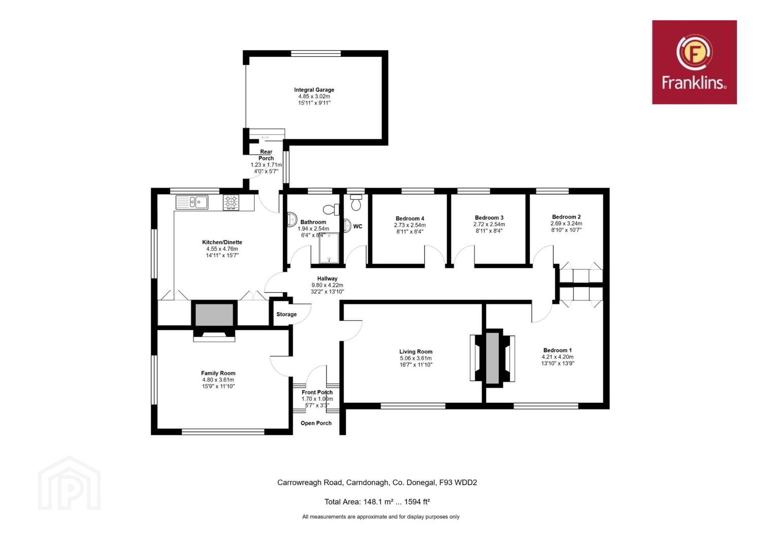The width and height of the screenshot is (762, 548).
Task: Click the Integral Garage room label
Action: [x=314, y=90]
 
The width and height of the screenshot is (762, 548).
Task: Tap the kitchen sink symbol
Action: [x=192, y=202]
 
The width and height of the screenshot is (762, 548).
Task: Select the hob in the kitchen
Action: [x=231, y=202]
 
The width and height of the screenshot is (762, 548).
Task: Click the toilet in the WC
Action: [x=356, y=202]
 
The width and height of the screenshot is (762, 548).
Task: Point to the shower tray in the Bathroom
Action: [x=329, y=248]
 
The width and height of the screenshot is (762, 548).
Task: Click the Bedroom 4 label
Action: [x=409, y=219]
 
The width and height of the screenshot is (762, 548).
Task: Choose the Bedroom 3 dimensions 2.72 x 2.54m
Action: [x=489, y=224]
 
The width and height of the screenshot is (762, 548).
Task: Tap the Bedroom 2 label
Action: [x=566, y=217]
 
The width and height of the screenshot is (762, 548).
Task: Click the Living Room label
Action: [x=416, y=352]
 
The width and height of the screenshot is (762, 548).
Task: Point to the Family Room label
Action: [x=218, y=373]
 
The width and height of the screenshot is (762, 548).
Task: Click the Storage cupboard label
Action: [x=286, y=314]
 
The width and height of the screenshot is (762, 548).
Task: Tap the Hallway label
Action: [x=327, y=279]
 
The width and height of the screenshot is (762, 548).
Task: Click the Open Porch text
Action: [x=315, y=423]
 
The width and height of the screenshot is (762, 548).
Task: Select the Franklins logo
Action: [x=694, y=62]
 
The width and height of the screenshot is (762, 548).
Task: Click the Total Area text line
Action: [x=377, y=501]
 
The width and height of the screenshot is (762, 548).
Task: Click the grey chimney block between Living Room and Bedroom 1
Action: [x=492, y=358]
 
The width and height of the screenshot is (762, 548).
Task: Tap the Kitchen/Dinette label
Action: [x=222, y=242]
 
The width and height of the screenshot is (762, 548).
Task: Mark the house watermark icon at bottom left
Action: [x=69, y=483]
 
